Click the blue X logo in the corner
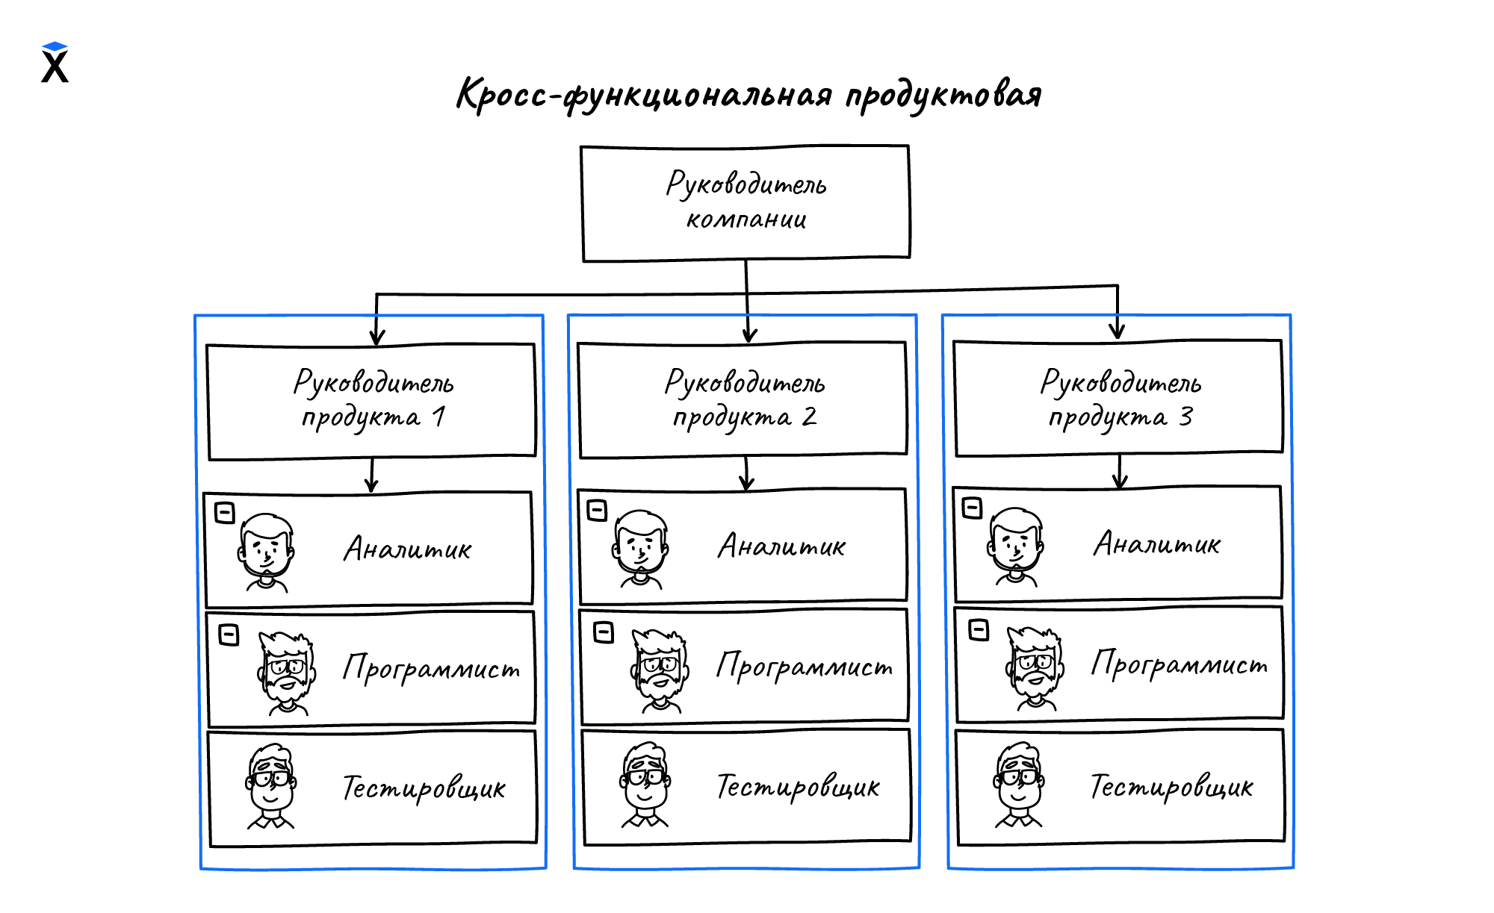coord(55,63)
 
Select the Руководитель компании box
coord(746,202)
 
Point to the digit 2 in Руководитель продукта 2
coord(810,416)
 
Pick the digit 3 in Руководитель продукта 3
coord(1186,416)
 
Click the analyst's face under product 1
coord(266,549)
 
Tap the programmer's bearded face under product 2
coord(660,668)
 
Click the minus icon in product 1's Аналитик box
coord(225,513)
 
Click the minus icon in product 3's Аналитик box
coord(972,508)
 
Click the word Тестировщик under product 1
coord(424,788)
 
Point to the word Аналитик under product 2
coord(781,546)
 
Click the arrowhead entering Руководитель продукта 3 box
coord(1117,330)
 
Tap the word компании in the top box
coord(746,219)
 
